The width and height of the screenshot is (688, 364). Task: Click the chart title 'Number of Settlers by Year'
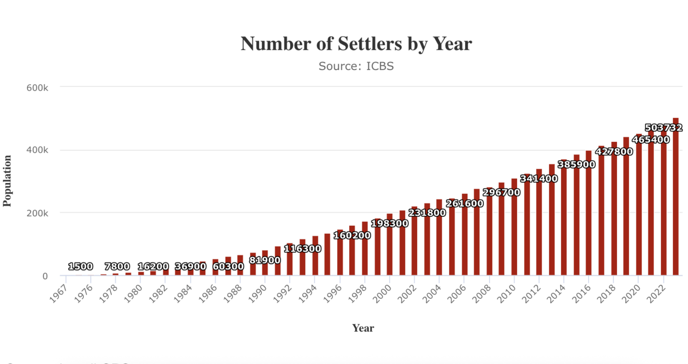click(x=356, y=44)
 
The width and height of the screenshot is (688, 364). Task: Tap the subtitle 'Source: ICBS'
click(x=356, y=66)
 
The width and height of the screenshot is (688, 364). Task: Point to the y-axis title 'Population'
click(x=7, y=181)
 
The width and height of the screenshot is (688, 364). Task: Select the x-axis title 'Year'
click(x=363, y=328)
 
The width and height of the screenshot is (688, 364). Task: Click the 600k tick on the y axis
click(x=37, y=88)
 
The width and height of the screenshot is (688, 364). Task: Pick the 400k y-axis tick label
click(x=37, y=150)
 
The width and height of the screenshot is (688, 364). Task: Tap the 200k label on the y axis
click(x=37, y=213)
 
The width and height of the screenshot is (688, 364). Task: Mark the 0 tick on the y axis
click(x=45, y=276)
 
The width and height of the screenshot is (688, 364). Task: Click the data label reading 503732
click(x=664, y=128)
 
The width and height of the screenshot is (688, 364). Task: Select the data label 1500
click(x=80, y=267)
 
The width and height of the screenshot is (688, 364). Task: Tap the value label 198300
click(x=390, y=223)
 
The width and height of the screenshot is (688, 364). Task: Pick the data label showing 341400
click(x=539, y=179)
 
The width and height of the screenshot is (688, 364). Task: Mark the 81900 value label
click(x=265, y=260)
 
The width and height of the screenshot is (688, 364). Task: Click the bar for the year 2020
click(x=639, y=205)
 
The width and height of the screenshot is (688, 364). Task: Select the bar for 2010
click(x=514, y=227)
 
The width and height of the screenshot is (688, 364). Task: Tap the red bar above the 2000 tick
click(x=390, y=245)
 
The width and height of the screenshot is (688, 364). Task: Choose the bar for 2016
click(x=589, y=213)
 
